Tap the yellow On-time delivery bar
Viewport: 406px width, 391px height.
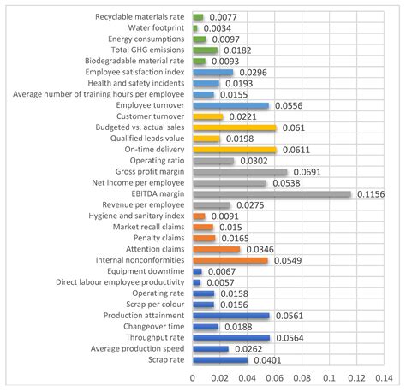[x=234, y=150]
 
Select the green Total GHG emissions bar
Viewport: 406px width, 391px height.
[x=205, y=50]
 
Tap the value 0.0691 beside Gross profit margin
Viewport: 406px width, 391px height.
[x=303, y=172]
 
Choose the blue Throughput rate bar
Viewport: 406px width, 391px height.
[x=231, y=337]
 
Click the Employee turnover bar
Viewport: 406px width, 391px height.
[x=230, y=105]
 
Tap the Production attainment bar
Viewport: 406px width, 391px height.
[x=230, y=315]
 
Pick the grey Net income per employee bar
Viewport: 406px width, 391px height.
[x=229, y=183]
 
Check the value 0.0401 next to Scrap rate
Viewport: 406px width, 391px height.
[x=264, y=359]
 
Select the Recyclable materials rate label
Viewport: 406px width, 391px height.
[x=140, y=17]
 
